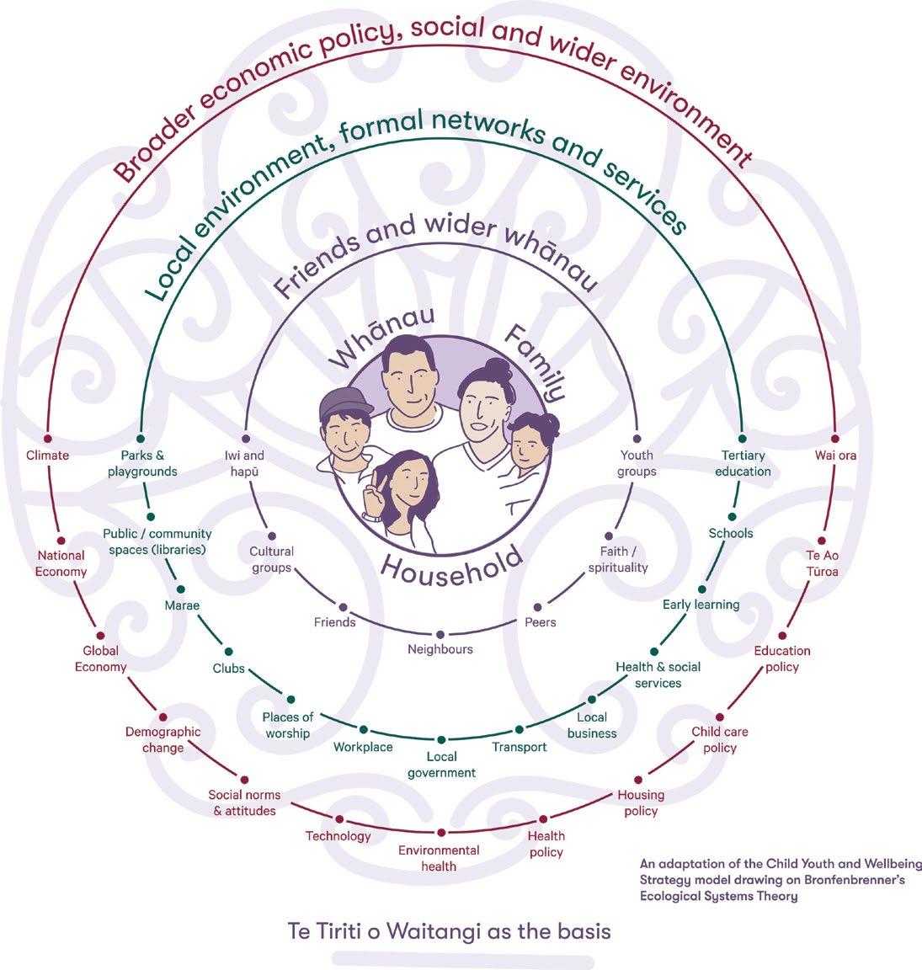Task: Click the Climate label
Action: pos(47,456)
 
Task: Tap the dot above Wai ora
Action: pos(834,439)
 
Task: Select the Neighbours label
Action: pos(440,649)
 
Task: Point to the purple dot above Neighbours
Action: pos(440,634)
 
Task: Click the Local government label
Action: pos(441,765)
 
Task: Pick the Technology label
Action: pos(338,836)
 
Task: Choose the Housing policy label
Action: pos(641,802)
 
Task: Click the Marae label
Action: pos(182,605)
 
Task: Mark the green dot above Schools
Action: pos(732,516)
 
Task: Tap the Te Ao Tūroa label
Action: pos(823,563)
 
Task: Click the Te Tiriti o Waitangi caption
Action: pos(448,932)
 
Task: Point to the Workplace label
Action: pos(363,747)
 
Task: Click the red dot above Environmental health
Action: pos(440,834)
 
